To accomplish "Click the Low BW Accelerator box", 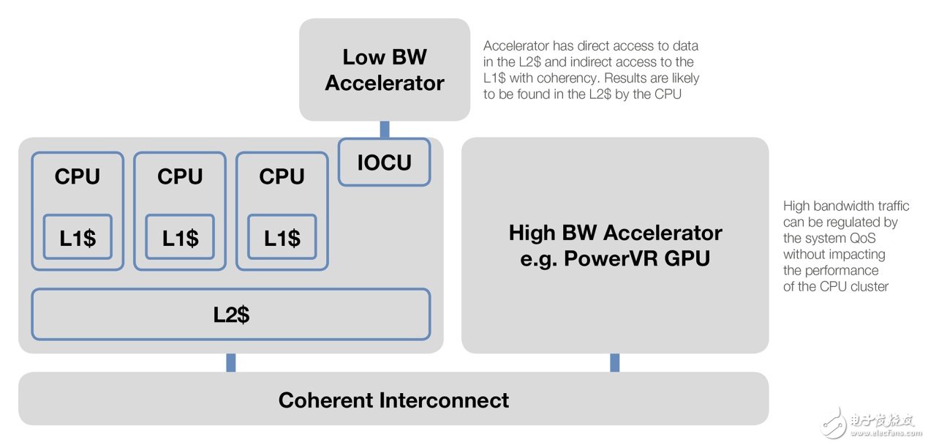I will (x=384, y=70).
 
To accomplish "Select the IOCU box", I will (x=384, y=162).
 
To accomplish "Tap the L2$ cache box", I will (x=230, y=315).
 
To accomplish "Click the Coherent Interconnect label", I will (x=393, y=400).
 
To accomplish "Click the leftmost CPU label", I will (x=77, y=176).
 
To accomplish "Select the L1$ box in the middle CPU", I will (x=180, y=237).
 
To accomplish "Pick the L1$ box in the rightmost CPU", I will (x=282, y=237).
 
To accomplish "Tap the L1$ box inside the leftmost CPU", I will (x=78, y=237).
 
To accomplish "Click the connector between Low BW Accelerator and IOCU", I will (x=385, y=130).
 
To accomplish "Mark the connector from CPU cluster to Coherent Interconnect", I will (x=231, y=362).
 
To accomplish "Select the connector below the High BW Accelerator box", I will (x=614, y=362).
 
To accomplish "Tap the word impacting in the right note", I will (x=856, y=254).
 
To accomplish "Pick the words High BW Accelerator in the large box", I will (x=615, y=233).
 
